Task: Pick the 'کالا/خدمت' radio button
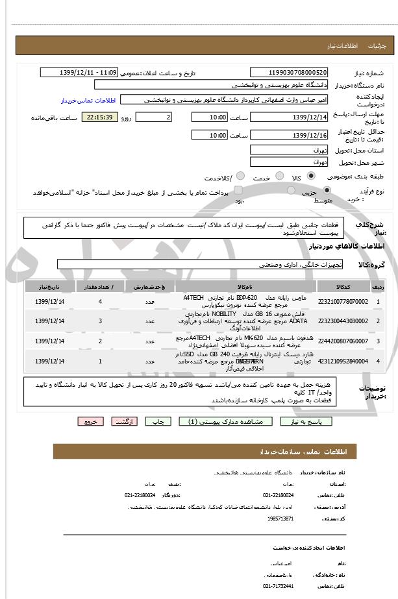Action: (x=240, y=176)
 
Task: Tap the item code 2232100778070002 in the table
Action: (x=343, y=302)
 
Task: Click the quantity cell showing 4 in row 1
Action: (x=100, y=302)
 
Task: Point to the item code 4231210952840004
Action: (x=343, y=361)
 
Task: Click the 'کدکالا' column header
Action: (x=343, y=286)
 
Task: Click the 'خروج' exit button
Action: (x=90, y=421)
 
